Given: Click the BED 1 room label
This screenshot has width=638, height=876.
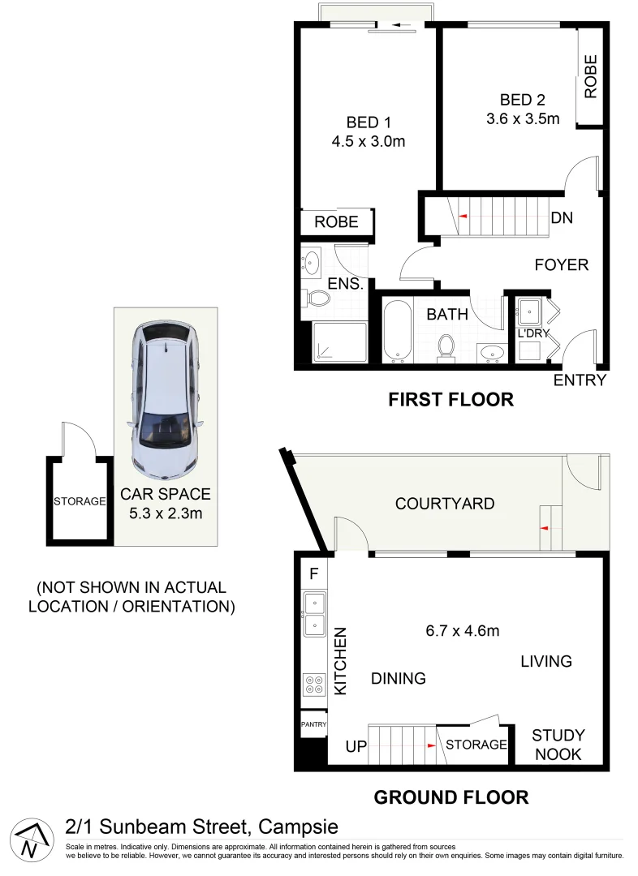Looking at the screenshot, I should [x=369, y=122].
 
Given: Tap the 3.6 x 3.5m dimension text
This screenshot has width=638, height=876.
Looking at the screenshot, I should [x=523, y=119].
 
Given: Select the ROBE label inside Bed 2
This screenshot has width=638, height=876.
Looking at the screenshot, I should [x=590, y=77].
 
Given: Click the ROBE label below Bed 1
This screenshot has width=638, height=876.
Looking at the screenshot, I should [x=336, y=221].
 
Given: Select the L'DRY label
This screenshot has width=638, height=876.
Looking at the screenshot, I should [x=533, y=333].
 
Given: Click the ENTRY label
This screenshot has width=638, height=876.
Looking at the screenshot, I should [x=580, y=380].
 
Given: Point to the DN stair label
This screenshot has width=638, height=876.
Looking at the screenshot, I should [x=562, y=218].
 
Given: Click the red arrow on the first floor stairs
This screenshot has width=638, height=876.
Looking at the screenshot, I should [x=463, y=217].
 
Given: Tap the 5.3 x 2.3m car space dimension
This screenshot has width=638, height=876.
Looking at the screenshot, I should [x=166, y=513].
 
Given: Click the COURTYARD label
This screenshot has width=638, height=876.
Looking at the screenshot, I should [x=444, y=504].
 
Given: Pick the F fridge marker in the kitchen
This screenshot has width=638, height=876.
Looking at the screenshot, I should [x=313, y=573].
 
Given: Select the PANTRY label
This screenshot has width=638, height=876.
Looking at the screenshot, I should [x=313, y=724].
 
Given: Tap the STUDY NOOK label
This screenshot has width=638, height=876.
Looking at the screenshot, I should [x=558, y=745].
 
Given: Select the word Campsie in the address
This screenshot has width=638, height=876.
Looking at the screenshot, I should [x=297, y=827].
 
